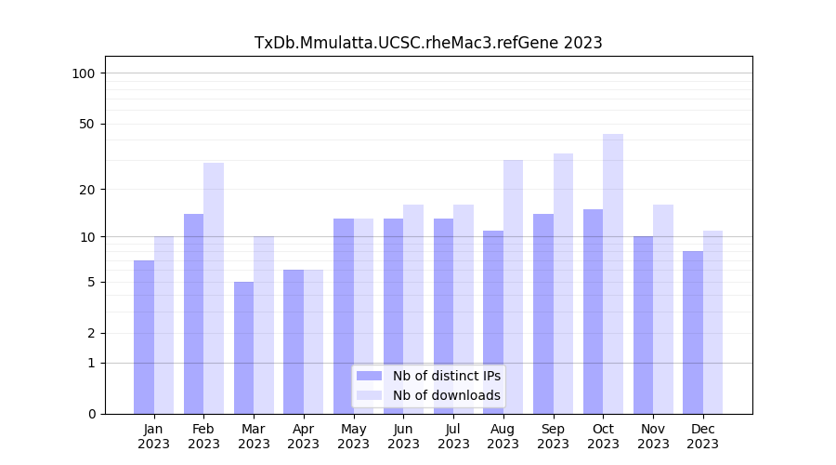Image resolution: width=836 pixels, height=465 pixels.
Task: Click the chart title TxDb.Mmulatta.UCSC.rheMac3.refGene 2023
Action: (x=428, y=43)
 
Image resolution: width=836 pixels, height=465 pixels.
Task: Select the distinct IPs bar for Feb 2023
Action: (x=193, y=313)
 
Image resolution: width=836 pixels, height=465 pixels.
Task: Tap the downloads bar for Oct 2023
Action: (x=613, y=273)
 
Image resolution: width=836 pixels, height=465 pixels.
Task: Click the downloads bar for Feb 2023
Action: (x=214, y=288)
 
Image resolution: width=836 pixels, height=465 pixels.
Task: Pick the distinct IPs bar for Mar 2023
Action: (x=243, y=348)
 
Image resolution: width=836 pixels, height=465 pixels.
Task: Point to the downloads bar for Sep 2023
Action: (x=563, y=284)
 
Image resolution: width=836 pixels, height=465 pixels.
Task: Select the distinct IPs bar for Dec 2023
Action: (x=693, y=332)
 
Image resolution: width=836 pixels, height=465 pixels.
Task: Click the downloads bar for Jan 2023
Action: (x=163, y=325)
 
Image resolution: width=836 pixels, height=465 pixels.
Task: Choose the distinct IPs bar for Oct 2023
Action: (x=593, y=312)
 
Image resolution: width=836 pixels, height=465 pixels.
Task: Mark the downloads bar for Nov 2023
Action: (x=663, y=309)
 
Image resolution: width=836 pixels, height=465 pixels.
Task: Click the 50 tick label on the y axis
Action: (x=86, y=124)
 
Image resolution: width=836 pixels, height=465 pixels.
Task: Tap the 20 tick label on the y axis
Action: (x=86, y=190)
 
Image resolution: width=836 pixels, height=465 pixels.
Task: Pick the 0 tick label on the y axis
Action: (x=91, y=414)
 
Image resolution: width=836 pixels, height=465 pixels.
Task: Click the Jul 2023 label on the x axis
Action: (x=453, y=436)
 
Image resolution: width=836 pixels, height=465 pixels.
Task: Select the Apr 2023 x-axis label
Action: (x=304, y=436)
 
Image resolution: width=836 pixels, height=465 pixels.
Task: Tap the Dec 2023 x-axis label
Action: (x=703, y=436)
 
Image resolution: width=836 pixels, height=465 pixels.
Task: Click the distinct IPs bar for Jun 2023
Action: (x=393, y=316)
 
